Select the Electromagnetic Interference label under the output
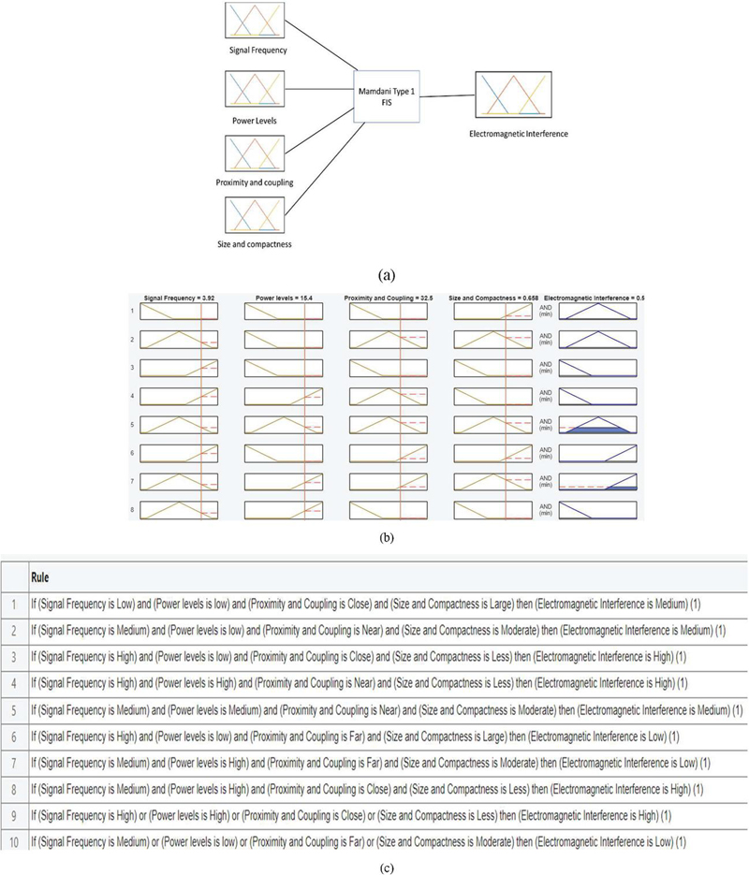coord(519,134)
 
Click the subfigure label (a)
coord(384,275)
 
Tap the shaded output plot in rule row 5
coord(595,428)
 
